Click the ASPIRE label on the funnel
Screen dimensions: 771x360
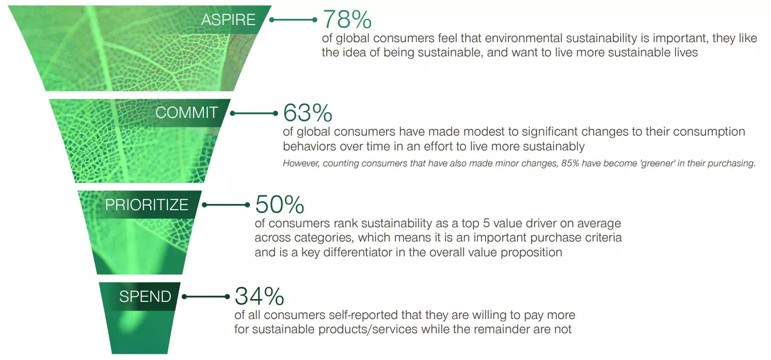[x=228, y=19]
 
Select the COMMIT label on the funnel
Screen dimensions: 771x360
[x=186, y=113]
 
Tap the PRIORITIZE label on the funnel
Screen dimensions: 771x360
[x=147, y=205]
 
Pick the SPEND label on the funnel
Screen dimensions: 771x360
[x=145, y=297]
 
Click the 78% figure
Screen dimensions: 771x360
[x=347, y=19]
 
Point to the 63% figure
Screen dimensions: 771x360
[x=307, y=113]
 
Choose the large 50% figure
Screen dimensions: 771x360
[x=280, y=204]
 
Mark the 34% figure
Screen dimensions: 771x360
[x=259, y=296]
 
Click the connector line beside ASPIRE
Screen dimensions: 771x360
[x=293, y=20]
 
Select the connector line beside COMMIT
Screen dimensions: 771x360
[x=254, y=113]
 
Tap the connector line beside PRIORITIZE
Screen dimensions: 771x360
[x=226, y=205]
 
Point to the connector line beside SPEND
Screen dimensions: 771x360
[x=206, y=297]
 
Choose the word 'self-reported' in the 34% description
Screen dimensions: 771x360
[x=363, y=315]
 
